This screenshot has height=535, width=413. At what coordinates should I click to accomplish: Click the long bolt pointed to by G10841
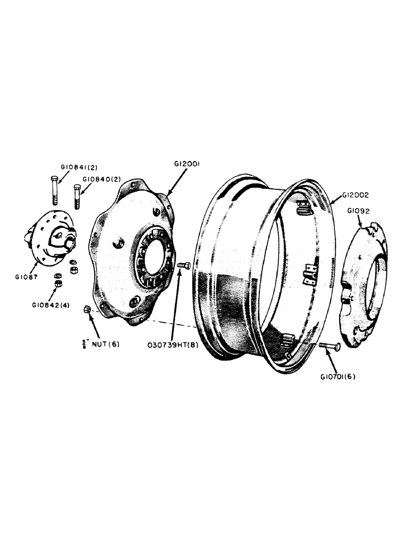[x=53, y=190]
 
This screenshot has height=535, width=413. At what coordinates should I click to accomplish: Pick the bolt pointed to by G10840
[x=78, y=197]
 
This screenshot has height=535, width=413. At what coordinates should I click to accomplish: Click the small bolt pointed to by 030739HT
[x=183, y=265]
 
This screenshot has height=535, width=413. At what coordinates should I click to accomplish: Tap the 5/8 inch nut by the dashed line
[x=86, y=309]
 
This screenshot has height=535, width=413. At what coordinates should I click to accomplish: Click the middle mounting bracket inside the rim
[x=309, y=276]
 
